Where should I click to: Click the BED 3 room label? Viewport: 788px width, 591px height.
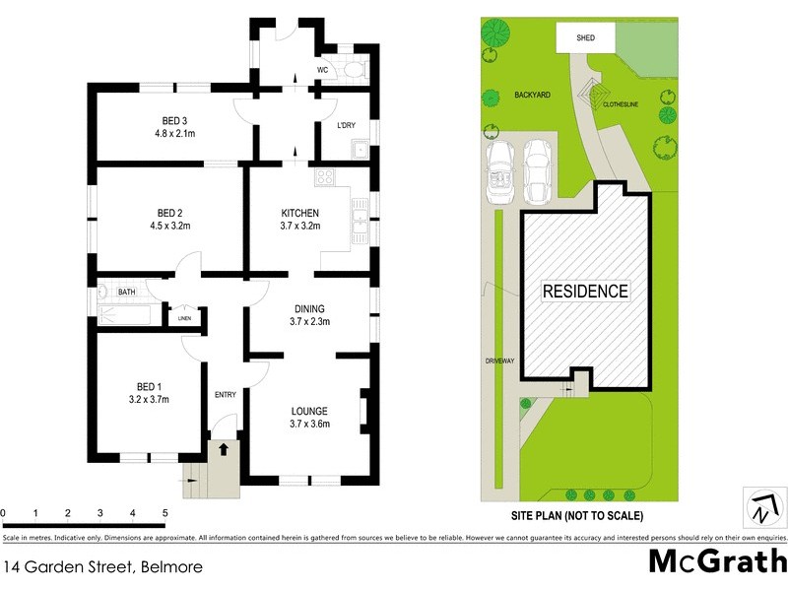tap(169, 120)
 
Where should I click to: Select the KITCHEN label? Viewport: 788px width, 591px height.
tap(299, 214)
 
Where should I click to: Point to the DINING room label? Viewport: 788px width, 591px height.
tap(309, 308)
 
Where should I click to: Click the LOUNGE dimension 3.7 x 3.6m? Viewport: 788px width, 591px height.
tap(308, 424)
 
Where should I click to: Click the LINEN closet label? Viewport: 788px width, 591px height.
tap(184, 319)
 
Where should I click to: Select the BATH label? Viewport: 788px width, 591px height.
tap(127, 293)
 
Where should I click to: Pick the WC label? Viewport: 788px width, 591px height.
tap(322, 70)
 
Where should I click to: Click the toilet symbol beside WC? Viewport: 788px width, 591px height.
tap(353, 69)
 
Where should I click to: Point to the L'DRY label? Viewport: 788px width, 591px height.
tap(346, 126)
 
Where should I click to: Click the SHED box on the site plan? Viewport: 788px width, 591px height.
tap(585, 38)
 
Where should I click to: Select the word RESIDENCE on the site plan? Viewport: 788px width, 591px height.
tap(586, 292)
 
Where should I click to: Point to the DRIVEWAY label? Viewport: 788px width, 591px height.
tap(500, 361)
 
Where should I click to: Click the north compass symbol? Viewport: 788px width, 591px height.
tap(761, 511)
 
